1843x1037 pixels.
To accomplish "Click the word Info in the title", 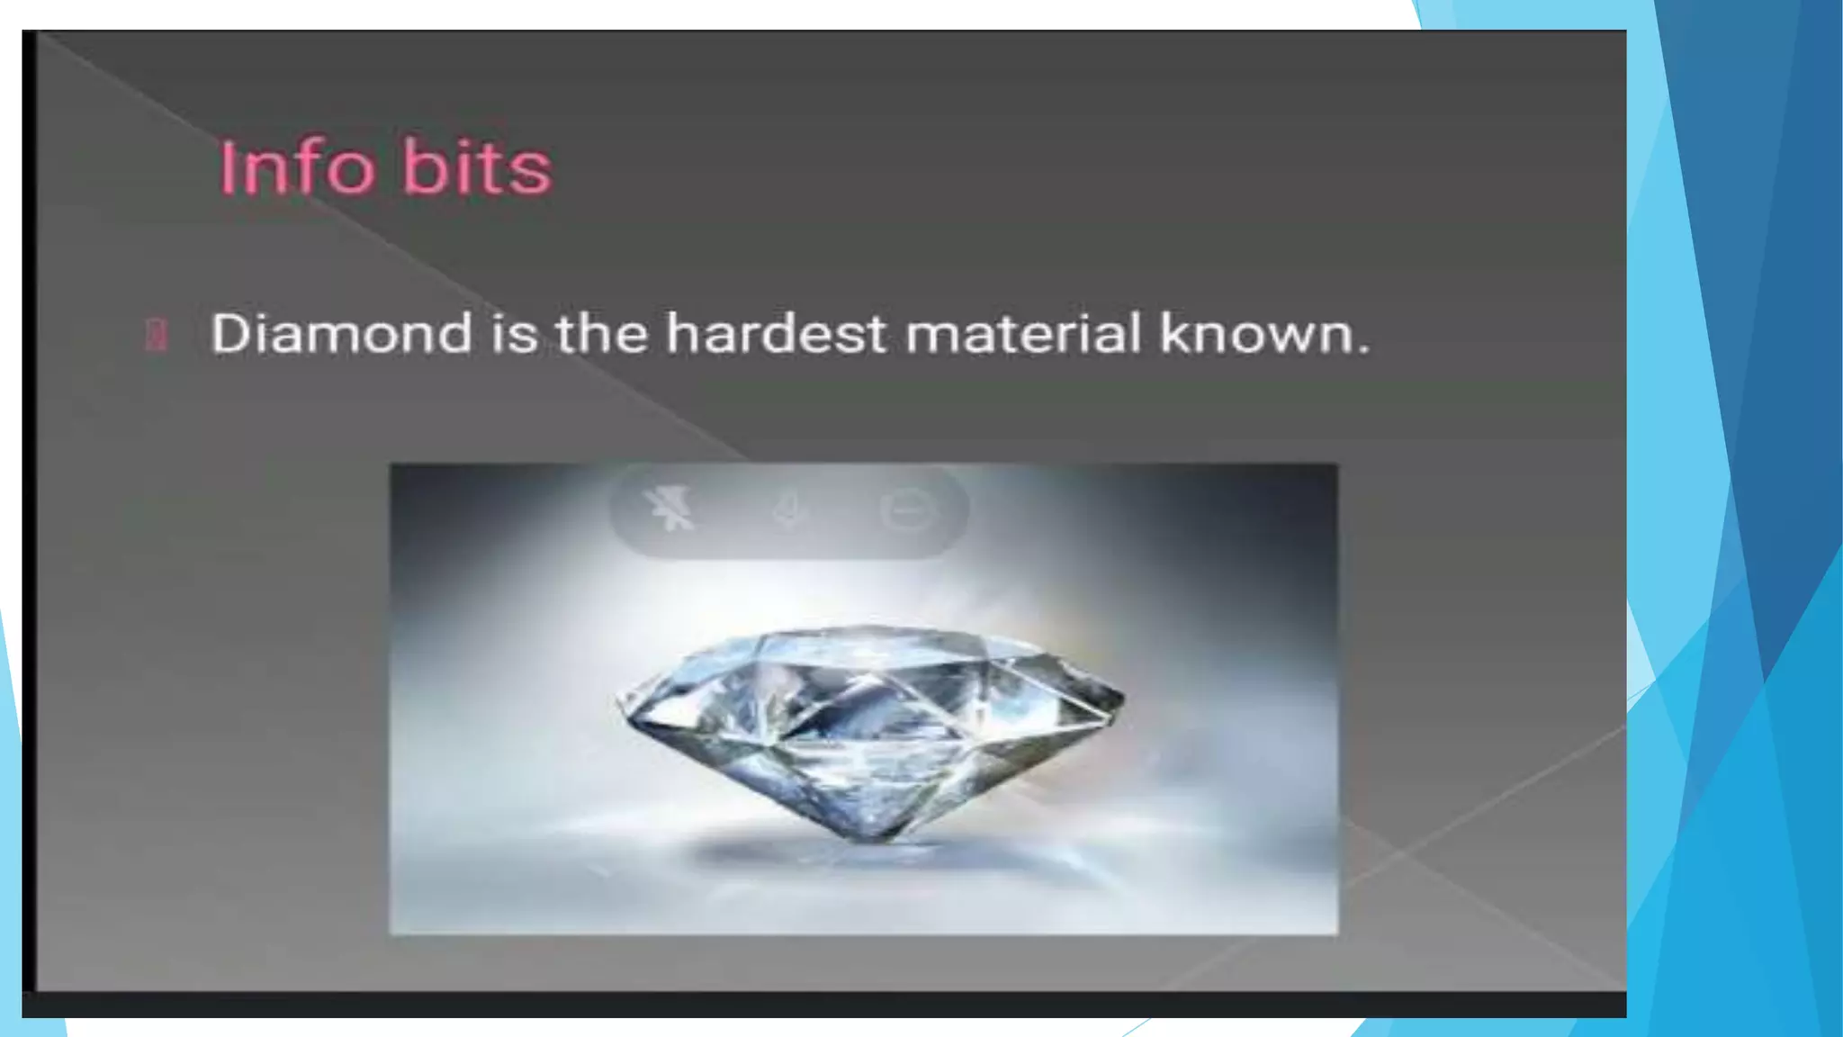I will tap(297, 167).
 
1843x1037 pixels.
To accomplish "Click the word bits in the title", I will tap(476, 167).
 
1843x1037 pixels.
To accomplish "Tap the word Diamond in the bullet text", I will tap(341, 333).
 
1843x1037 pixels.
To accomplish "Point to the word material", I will tap(1023, 333).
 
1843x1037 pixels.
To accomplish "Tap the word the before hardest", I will tap(601, 333).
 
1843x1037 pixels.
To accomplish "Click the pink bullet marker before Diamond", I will tap(157, 334).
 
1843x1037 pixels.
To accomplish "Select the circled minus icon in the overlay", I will tap(906, 510).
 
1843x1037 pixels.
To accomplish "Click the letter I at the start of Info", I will tap(226, 167).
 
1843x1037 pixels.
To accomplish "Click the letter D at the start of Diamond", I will tap(229, 333).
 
